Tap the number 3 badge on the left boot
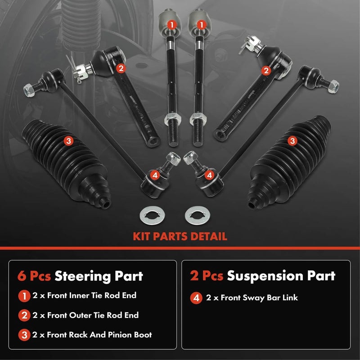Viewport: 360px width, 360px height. pos(68,141)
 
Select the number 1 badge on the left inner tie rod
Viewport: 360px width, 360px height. pos(171,24)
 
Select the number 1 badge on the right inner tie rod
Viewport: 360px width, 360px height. pos(202,24)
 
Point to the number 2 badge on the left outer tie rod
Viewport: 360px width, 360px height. pos(121,68)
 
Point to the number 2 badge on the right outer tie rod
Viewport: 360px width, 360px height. pos(266,70)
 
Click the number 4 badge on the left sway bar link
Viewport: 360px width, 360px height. pos(155,174)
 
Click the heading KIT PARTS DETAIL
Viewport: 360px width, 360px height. pos(180,236)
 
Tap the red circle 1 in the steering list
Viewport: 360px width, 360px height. pos(22,296)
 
